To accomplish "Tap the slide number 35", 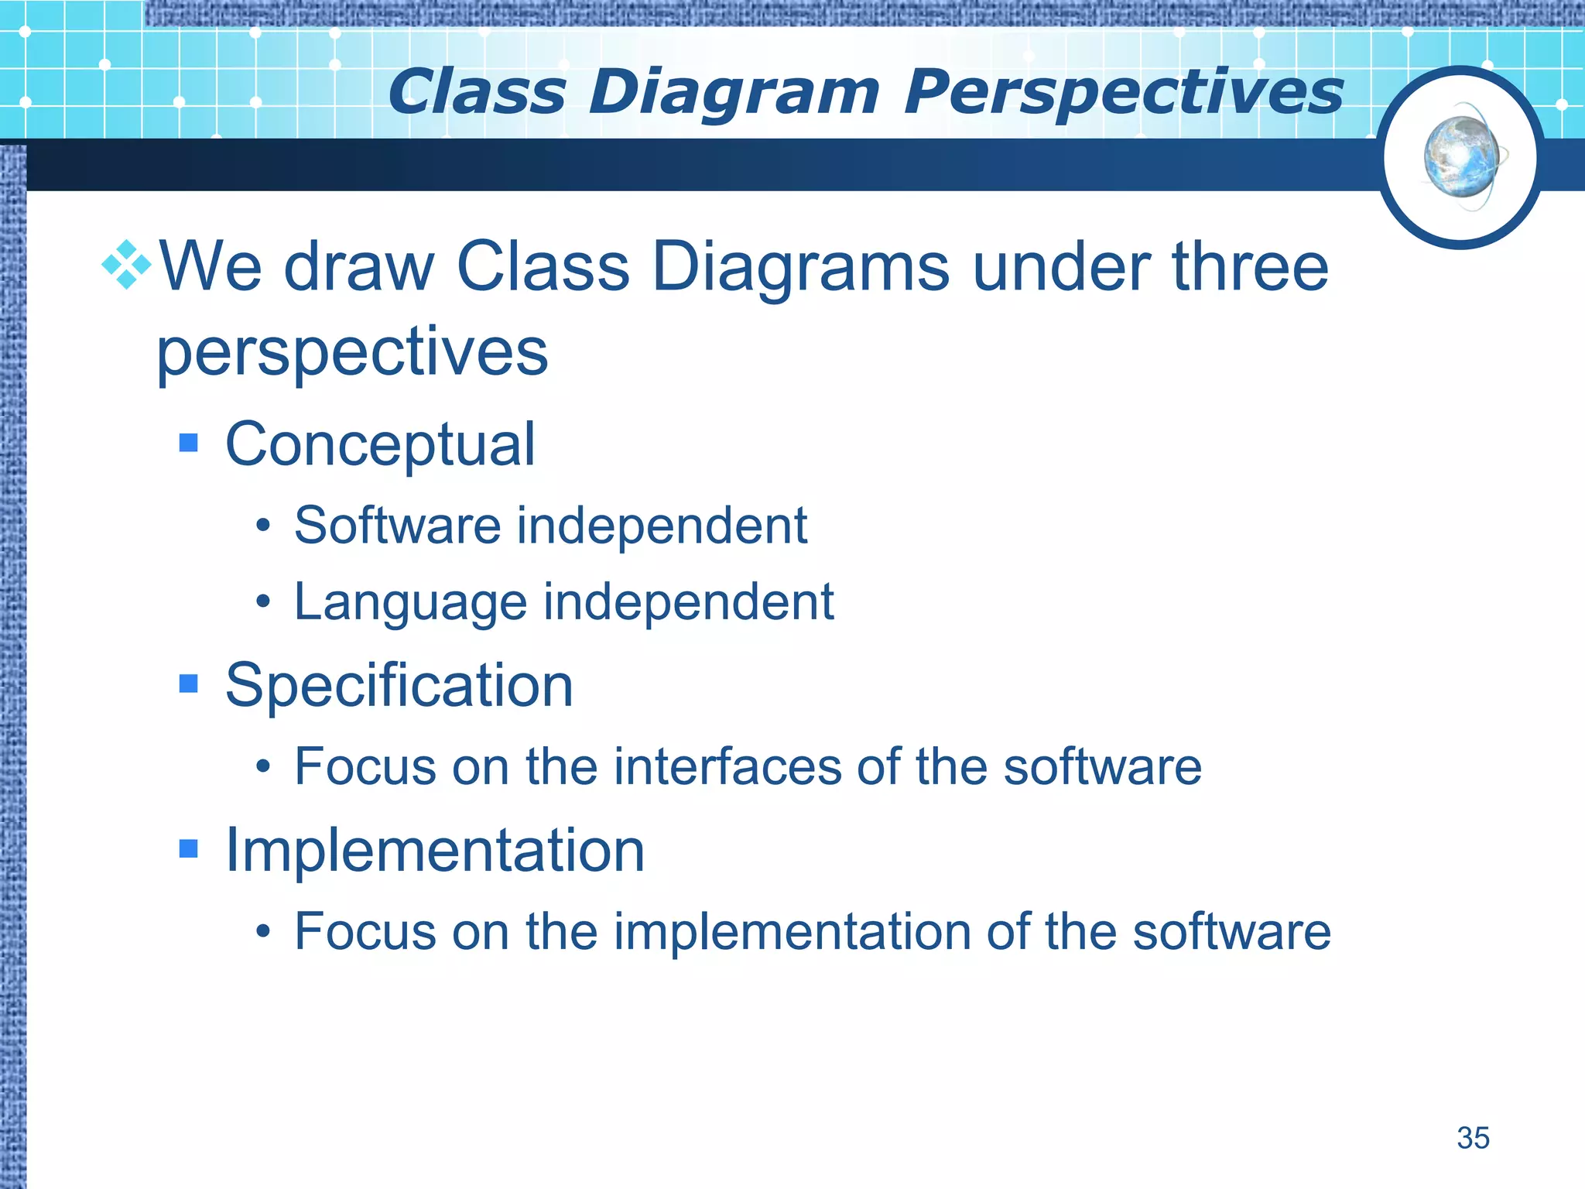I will pyautogui.click(x=1473, y=1138).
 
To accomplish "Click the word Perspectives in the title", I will pyautogui.click(x=1123, y=93).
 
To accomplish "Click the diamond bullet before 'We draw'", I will pyautogui.click(x=126, y=266).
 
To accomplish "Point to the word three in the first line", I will pyautogui.click(x=1250, y=267).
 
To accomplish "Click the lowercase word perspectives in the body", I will pyautogui.click(x=352, y=352).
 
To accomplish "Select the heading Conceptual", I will pyautogui.click(x=380, y=444).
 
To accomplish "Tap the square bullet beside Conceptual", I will pyautogui.click(x=188, y=443).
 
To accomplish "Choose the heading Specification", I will pyautogui.click(x=399, y=686).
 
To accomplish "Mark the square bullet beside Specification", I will pyautogui.click(x=188, y=684).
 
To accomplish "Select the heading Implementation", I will pyautogui.click(x=434, y=851).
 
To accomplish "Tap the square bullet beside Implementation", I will pyautogui.click(x=188, y=849).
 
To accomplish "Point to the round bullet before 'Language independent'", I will pyautogui.click(x=263, y=601).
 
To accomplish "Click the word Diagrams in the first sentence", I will pyautogui.click(x=800, y=267).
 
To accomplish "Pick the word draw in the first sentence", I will pyautogui.click(x=358, y=267).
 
